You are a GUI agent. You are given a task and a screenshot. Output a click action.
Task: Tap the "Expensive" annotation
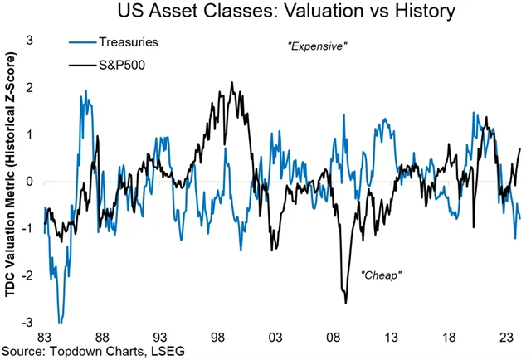(x=315, y=46)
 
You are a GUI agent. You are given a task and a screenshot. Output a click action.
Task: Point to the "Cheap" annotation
(x=381, y=274)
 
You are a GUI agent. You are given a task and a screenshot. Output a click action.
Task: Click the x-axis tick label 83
(x=46, y=338)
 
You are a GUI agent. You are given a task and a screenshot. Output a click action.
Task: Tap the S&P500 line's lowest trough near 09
(x=345, y=303)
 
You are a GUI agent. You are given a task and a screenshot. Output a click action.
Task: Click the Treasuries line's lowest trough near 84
(x=60, y=322)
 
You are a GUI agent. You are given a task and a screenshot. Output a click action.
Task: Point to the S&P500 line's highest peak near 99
(x=231, y=82)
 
